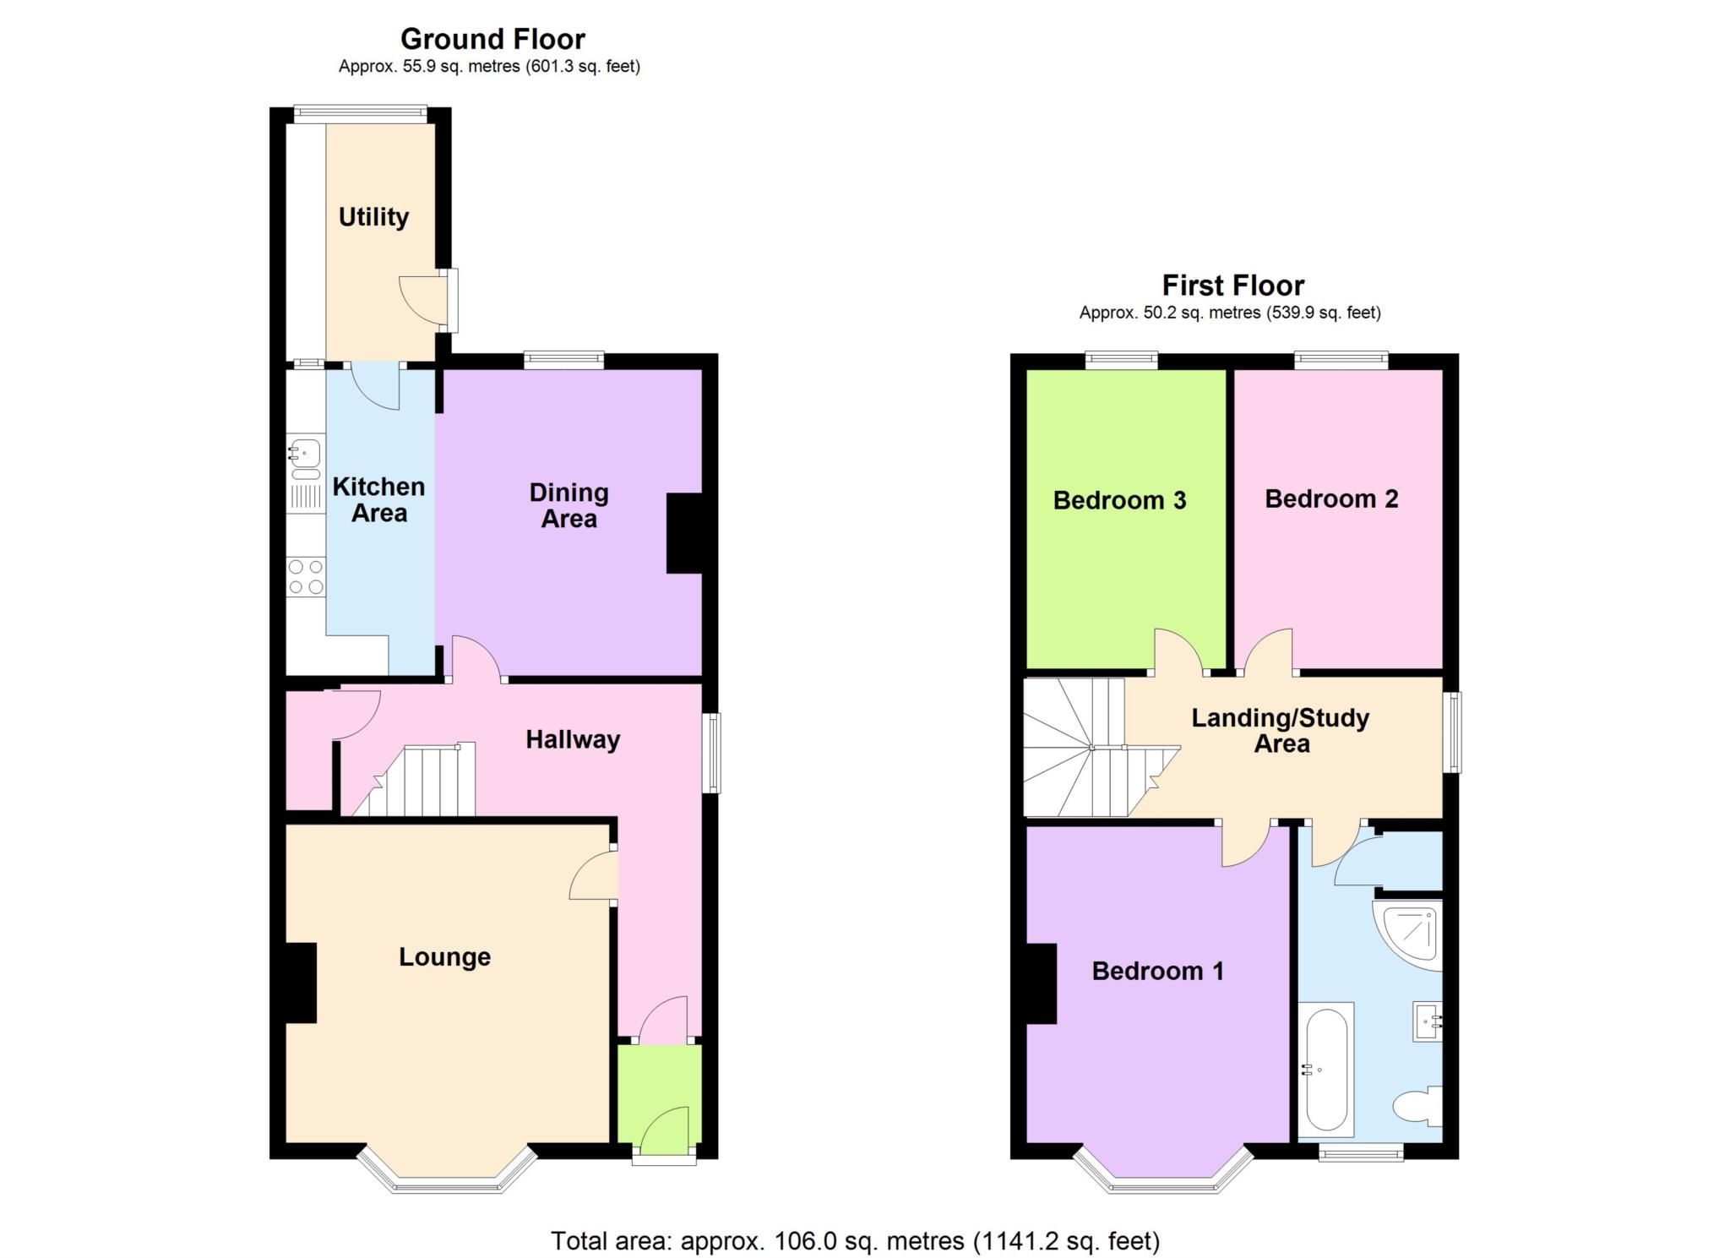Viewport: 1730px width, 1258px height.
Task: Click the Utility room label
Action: coord(373,217)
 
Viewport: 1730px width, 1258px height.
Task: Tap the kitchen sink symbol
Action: coord(304,454)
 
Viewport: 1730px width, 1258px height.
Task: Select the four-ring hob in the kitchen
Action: coord(305,576)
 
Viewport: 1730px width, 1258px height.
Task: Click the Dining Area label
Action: coord(569,505)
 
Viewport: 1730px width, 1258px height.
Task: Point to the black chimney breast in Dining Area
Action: coord(684,533)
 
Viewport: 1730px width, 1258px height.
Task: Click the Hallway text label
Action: coord(573,740)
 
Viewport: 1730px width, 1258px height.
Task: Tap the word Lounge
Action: coord(444,957)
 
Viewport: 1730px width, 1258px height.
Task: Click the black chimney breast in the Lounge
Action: coord(301,983)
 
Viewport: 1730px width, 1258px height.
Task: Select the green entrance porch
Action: coord(660,1098)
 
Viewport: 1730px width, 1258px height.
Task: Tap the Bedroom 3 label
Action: coord(1119,500)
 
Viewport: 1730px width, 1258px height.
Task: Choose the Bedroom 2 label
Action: coord(1331,498)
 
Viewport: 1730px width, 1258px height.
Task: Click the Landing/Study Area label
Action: coord(1281,731)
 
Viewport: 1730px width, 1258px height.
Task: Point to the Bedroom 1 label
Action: coord(1157,971)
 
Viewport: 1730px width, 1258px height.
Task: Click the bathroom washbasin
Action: coord(1427,1022)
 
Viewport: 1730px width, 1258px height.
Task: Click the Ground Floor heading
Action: coord(492,39)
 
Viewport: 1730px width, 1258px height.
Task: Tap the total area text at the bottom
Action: coord(855,1241)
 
